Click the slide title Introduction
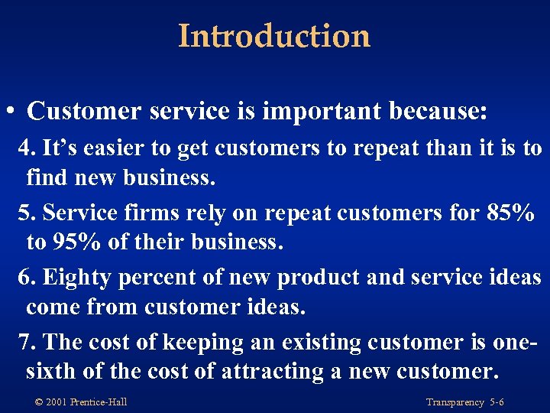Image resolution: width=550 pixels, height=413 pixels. point(274,36)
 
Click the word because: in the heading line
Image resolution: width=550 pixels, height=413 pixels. point(438,111)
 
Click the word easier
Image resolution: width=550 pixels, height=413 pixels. point(103,148)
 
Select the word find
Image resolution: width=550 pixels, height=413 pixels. point(45,178)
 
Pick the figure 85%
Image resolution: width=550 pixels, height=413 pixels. point(510,212)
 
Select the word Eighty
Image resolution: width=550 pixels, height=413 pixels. point(75,276)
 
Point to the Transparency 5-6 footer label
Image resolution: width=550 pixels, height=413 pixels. point(464,402)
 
